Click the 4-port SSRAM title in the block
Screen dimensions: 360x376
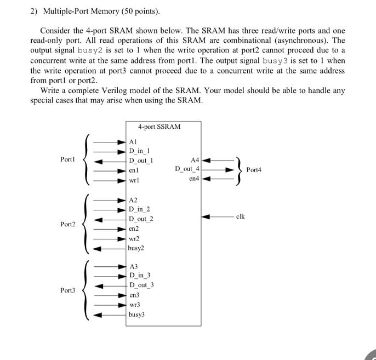[x=159, y=127]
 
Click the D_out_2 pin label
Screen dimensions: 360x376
[x=141, y=219]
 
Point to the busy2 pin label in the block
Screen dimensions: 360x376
[x=135, y=248]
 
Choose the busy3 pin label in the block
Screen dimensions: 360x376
[x=136, y=315]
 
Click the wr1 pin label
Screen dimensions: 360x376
[x=133, y=180]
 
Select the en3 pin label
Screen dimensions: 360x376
[x=134, y=295]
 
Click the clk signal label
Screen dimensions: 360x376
[x=240, y=216]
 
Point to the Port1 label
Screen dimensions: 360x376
[x=68, y=159]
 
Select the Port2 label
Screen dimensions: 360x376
[x=68, y=224]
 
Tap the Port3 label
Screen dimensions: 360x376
[x=68, y=290]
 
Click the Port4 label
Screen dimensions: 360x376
[x=254, y=170]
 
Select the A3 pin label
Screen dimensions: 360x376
[x=133, y=266]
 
